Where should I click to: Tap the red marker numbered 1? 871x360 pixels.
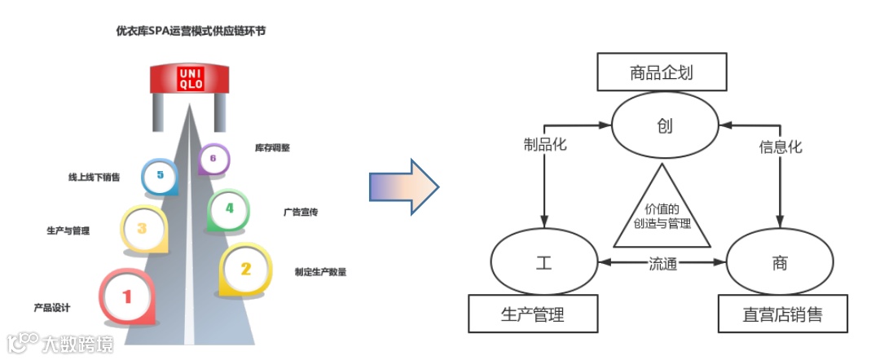[126, 296]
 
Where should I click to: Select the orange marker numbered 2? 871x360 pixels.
[245, 269]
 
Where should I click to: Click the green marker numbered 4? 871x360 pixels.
[229, 209]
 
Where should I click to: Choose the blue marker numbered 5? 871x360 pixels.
[160, 176]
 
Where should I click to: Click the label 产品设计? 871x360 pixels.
[52, 308]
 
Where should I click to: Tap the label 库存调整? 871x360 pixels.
[272, 148]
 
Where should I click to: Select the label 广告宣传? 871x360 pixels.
[301, 212]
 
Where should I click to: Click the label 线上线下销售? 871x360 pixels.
[95, 177]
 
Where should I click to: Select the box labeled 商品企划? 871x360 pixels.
[661, 72]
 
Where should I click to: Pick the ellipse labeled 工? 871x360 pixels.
[543, 263]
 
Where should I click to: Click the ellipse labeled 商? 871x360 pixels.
[780, 263]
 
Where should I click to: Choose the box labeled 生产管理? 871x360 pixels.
[532, 314]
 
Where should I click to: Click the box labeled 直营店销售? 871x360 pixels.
[781, 314]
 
